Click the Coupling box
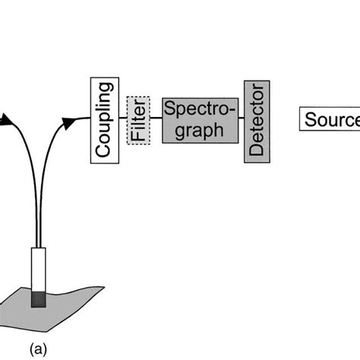pos(102,119)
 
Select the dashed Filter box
pos(137,119)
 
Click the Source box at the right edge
pos(330,119)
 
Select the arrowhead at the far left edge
pos(4,119)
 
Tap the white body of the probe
pos(37,269)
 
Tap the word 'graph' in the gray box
pos(193,130)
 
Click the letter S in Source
pos(311,120)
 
